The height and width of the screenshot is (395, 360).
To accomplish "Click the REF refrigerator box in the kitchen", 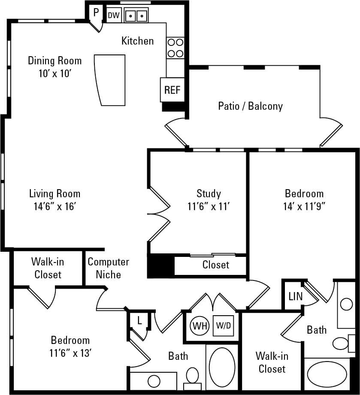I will click(x=172, y=90).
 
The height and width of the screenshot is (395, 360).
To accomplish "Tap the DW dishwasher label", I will click(x=113, y=15).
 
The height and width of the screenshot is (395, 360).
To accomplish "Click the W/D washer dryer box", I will click(x=223, y=326).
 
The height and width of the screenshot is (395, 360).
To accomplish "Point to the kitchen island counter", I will click(x=110, y=79).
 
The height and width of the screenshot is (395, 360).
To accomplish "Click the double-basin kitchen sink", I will click(x=136, y=16).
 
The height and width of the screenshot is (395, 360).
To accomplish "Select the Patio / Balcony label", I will click(x=250, y=106).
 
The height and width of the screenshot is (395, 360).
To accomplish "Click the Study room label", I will click(x=209, y=193).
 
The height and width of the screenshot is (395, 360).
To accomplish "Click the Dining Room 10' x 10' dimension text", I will click(x=54, y=73).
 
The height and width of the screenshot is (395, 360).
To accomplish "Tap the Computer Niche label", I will click(x=108, y=268).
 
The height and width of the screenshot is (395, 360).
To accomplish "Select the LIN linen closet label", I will click(x=295, y=296).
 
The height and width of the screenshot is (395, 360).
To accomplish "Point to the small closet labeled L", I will click(x=139, y=320).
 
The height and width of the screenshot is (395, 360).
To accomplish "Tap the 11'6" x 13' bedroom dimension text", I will click(x=70, y=354).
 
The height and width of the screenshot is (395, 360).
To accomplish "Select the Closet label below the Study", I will click(x=215, y=265).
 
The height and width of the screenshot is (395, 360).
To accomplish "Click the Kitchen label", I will click(x=137, y=41).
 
